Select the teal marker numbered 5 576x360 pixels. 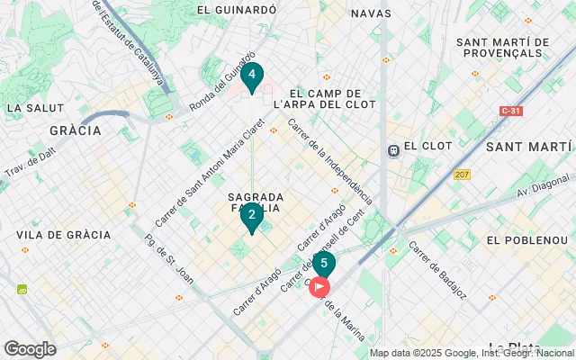(x=323, y=265)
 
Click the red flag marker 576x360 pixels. (x=319, y=288)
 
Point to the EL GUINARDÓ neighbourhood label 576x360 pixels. (x=236, y=11)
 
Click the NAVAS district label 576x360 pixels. (x=371, y=13)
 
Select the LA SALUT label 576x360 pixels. (x=30, y=108)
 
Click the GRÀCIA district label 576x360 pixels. (x=76, y=130)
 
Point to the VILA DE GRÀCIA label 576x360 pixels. (x=63, y=235)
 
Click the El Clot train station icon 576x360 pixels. (x=393, y=150)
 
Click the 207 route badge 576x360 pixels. (x=463, y=174)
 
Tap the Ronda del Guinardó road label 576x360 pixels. (x=221, y=82)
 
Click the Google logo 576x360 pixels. (x=30, y=349)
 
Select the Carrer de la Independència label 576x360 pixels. (x=329, y=159)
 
